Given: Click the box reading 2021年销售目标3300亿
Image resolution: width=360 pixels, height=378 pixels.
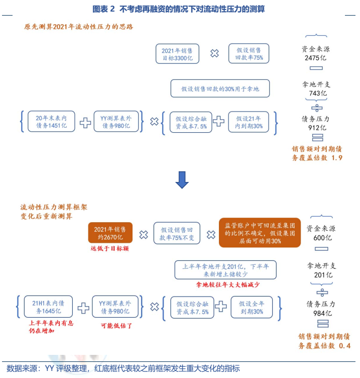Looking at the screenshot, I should coord(177,54).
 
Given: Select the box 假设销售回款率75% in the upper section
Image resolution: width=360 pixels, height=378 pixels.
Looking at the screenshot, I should coord(249,54).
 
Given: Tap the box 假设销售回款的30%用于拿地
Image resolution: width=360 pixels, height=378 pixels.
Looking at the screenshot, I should coord(220,89).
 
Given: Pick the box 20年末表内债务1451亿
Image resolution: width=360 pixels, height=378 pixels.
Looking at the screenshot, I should coord(51,122).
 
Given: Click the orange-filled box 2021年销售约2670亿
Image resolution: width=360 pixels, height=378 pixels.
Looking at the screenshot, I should coord(110,233).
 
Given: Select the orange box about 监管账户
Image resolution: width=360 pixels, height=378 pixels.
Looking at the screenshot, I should coord(260,233).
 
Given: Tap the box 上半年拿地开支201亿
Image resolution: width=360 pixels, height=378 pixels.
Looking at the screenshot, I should coord(225,270).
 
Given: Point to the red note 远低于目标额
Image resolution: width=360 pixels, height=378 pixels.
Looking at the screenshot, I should coord(110,248).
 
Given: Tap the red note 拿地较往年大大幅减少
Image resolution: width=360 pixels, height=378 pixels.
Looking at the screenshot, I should coord(227,285).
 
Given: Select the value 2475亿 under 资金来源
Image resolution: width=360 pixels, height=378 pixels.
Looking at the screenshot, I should coord(315,58).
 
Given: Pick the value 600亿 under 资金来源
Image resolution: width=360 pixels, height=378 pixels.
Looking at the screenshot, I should coord(322,238).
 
